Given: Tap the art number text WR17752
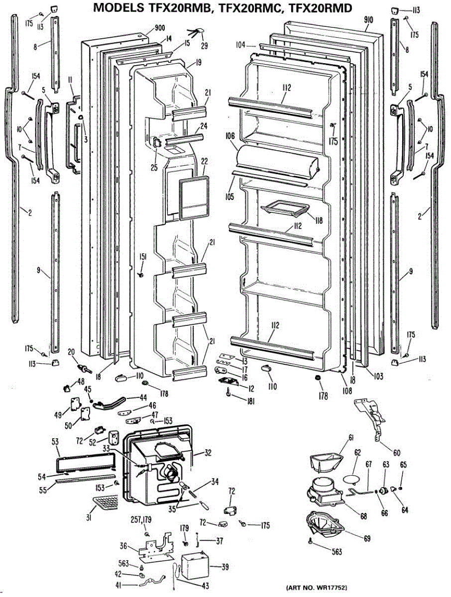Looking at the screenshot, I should pyautogui.click(x=326, y=588).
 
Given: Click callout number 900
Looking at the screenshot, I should pyautogui.click(x=160, y=28).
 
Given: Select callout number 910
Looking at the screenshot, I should pyautogui.click(x=368, y=20).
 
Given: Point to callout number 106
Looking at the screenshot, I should pyautogui.click(x=230, y=134).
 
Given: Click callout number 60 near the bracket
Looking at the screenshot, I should pyautogui.click(x=396, y=453).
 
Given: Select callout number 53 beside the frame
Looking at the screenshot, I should pyautogui.click(x=55, y=441).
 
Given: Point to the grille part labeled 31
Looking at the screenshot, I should pyautogui.click(x=106, y=504).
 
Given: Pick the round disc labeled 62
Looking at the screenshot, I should pyautogui.click(x=351, y=479).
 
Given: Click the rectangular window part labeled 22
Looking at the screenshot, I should pyautogui.click(x=192, y=199).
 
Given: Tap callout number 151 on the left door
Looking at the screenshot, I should pyautogui.click(x=143, y=257).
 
